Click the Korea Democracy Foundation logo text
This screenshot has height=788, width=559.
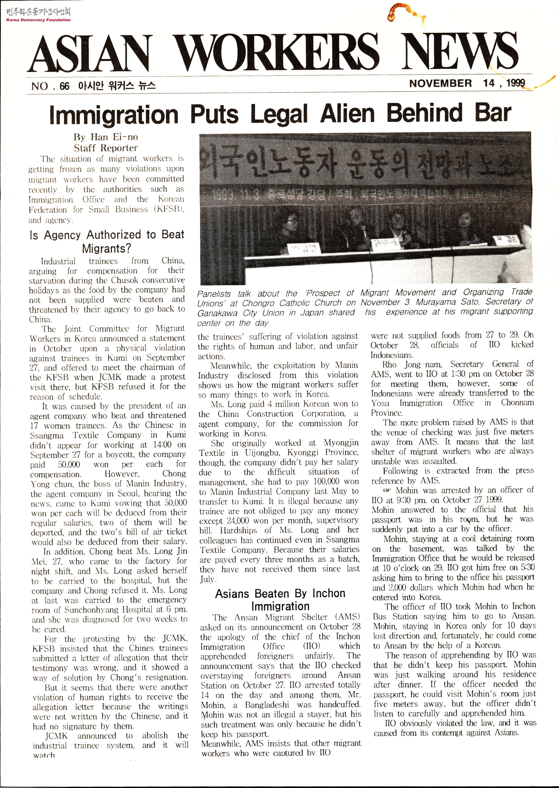tap(38, 20)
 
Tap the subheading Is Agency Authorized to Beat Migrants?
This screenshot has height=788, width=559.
tap(107, 241)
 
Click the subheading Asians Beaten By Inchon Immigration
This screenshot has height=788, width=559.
tap(280, 600)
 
